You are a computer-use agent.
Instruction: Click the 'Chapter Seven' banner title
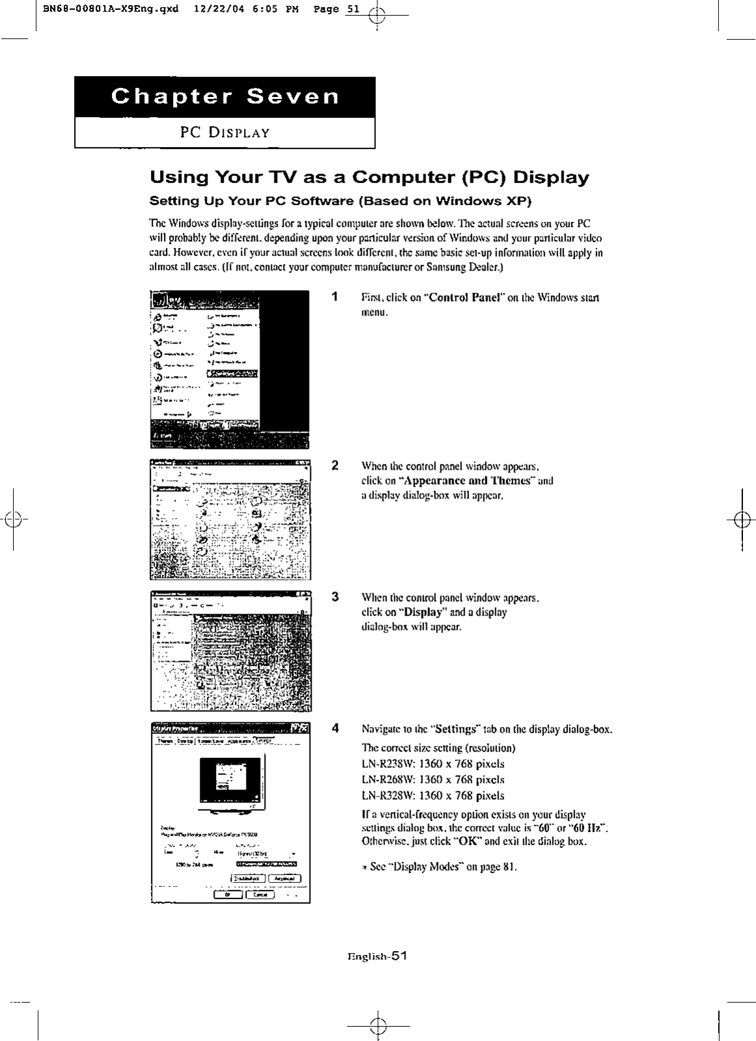(225, 96)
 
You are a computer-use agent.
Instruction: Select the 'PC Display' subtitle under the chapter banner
(224, 133)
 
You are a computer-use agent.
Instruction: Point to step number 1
(334, 297)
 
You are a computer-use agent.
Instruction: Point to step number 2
(334, 465)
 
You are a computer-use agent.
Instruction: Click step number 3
(334, 597)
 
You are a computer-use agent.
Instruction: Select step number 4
(334, 728)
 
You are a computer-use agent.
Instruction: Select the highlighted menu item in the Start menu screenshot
(232, 373)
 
